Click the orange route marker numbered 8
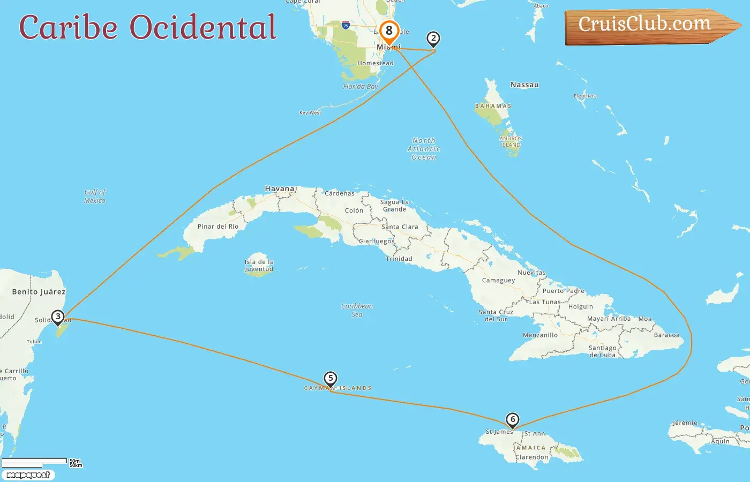point(389,31)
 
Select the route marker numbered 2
point(433,39)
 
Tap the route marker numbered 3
point(58,317)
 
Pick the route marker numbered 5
point(331,379)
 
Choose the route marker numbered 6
point(513,420)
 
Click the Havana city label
point(280,189)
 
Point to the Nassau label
point(524,85)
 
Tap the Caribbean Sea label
point(357,310)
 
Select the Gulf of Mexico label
point(95,196)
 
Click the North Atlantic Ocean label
point(424,149)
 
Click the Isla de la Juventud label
point(259,266)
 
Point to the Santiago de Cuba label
point(603,351)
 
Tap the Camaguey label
point(498,280)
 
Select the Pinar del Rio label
point(218,227)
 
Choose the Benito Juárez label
point(39,292)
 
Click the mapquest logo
point(28,475)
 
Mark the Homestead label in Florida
point(375,63)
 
